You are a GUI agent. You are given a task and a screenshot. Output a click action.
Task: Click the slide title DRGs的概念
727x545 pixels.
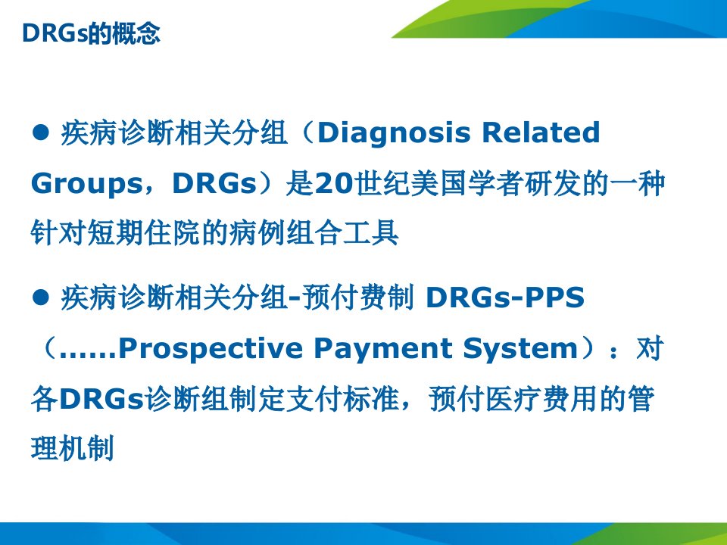point(91,33)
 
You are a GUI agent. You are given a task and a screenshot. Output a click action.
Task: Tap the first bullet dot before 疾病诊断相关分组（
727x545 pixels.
point(41,132)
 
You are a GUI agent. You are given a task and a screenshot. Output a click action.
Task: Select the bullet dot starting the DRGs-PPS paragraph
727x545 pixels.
point(41,297)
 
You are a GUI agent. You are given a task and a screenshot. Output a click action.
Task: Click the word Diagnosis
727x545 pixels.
point(394,134)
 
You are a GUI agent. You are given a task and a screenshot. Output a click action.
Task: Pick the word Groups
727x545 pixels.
point(86,185)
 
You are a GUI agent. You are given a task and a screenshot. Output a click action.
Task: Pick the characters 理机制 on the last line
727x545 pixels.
point(73,448)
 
